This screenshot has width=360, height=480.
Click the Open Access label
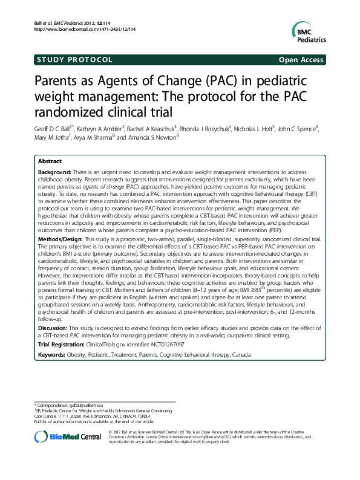pyautogui.click(x=301, y=60)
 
